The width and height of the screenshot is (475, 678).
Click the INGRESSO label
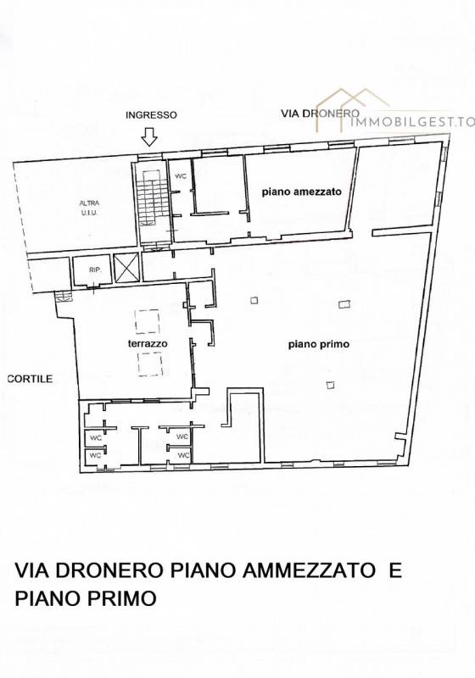click(151, 115)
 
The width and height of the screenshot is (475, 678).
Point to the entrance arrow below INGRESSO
click(149, 136)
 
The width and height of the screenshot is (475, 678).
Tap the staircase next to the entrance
click(153, 203)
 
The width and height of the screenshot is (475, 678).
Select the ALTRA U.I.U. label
click(89, 208)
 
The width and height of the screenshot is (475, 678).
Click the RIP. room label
click(95, 270)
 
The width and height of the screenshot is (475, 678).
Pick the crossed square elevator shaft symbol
click(126, 267)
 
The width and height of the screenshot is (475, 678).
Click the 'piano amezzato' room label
click(301, 192)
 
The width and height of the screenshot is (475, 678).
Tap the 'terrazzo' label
click(148, 344)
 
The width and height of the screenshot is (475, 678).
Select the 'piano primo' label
click(319, 345)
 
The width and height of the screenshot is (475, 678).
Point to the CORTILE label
click(31, 379)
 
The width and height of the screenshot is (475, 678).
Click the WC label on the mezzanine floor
click(181, 176)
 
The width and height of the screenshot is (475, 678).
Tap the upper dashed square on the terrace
click(147, 321)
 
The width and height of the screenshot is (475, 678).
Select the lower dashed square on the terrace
click(150, 364)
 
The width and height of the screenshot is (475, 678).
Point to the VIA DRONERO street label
click(320, 114)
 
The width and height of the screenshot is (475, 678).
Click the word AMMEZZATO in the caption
click(309, 570)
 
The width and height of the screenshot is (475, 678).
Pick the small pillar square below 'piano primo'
click(331, 385)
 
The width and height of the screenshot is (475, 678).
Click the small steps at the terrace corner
click(63, 296)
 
